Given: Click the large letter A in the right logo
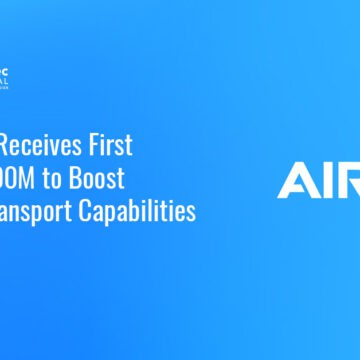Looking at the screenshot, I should [299, 180].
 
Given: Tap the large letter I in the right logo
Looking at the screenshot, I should [328, 180].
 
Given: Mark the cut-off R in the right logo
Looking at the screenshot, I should [350, 180].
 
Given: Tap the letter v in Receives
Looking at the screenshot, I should [62, 145].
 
